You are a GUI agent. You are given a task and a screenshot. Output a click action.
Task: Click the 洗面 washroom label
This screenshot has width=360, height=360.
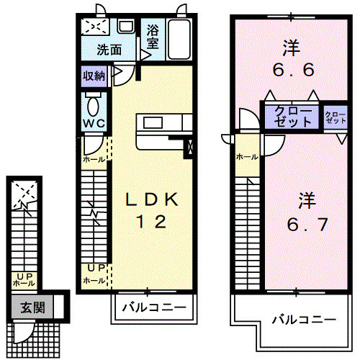(x=110, y=50)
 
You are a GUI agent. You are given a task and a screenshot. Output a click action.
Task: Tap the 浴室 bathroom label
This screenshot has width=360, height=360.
(x=153, y=36)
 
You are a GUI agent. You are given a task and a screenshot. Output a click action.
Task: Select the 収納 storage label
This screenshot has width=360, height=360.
(x=94, y=76)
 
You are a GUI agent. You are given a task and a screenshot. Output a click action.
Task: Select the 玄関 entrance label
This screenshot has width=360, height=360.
(x=32, y=307)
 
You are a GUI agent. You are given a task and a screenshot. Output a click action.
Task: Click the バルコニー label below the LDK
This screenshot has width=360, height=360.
(x=153, y=308)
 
